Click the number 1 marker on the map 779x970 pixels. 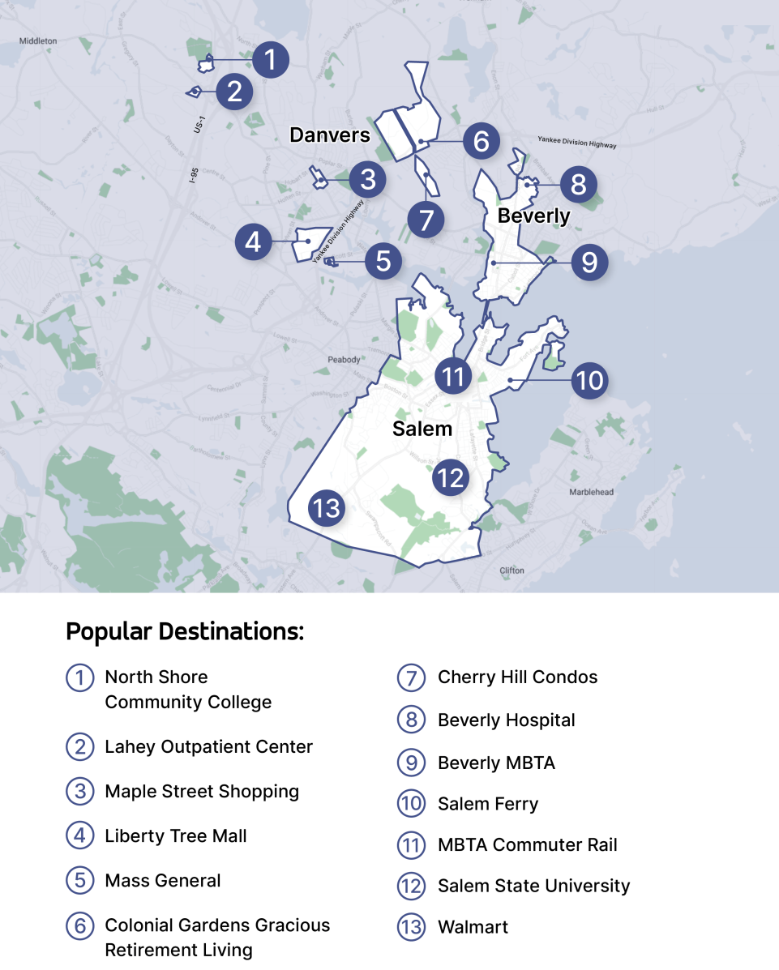(x=270, y=60)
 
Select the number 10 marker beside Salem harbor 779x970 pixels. (x=589, y=380)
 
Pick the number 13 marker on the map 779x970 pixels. (x=327, y=509)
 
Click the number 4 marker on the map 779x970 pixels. (x=254, y=241)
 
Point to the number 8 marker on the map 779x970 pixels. (x=578, y=184)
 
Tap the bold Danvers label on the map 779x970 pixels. (x=330, y=135)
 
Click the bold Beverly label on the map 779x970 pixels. (x=533, y=216)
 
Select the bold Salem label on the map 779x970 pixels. (x=422, y=429)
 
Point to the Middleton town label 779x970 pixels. (x=38, y=40)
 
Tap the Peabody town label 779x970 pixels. (x=344, y=359)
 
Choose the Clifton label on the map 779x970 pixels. (x=512, y=570)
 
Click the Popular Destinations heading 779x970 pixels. (x=185, y=631)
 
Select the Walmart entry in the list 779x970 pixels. (x=473, y=927)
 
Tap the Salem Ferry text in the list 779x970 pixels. (x=488, y=804)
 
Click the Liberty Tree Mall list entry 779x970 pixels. (x=176, y=835)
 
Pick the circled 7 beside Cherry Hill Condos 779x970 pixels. (x=411, y=677)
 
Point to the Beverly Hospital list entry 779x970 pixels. (x=506, y=720)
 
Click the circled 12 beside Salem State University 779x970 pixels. (x=411, y=886)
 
